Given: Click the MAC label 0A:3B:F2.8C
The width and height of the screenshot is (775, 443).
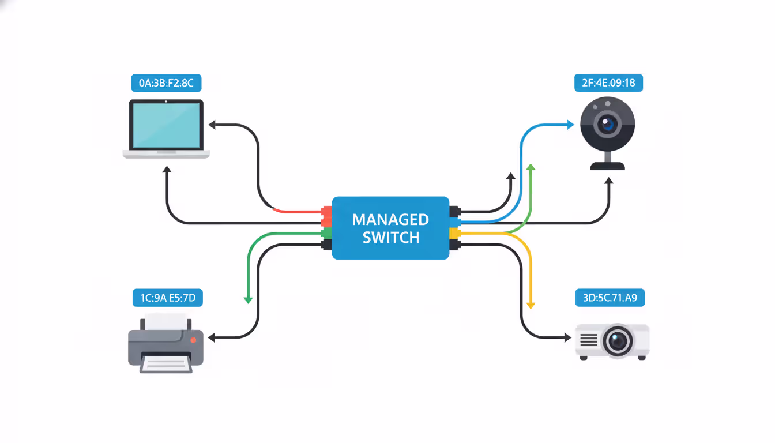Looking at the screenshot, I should point(166,83).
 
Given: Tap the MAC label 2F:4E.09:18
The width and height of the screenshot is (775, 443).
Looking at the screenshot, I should point(608,83).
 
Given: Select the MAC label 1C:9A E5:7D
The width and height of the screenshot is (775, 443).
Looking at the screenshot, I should point(168,298).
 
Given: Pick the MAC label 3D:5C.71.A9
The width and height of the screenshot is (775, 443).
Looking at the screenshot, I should point(610,298).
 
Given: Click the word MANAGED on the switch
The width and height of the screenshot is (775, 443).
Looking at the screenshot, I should point(390,220).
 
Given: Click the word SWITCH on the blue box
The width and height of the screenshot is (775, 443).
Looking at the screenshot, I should point(390,238).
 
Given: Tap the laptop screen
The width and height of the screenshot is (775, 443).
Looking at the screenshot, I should point(166,125).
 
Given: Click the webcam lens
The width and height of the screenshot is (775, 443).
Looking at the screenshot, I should point(607,123).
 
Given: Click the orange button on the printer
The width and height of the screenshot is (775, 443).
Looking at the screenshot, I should point(193,340).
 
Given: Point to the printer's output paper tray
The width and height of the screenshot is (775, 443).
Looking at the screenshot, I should point(166,363).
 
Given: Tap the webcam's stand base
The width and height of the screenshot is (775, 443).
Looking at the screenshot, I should point(607,166).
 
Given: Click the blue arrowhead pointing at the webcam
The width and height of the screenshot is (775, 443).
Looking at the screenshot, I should point(570,125).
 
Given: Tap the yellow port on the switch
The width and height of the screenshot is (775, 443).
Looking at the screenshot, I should point(455,234).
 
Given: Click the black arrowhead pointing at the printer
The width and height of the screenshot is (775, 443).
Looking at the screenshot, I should point(212,338).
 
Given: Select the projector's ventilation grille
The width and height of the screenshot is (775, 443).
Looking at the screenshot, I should point(589,340).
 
